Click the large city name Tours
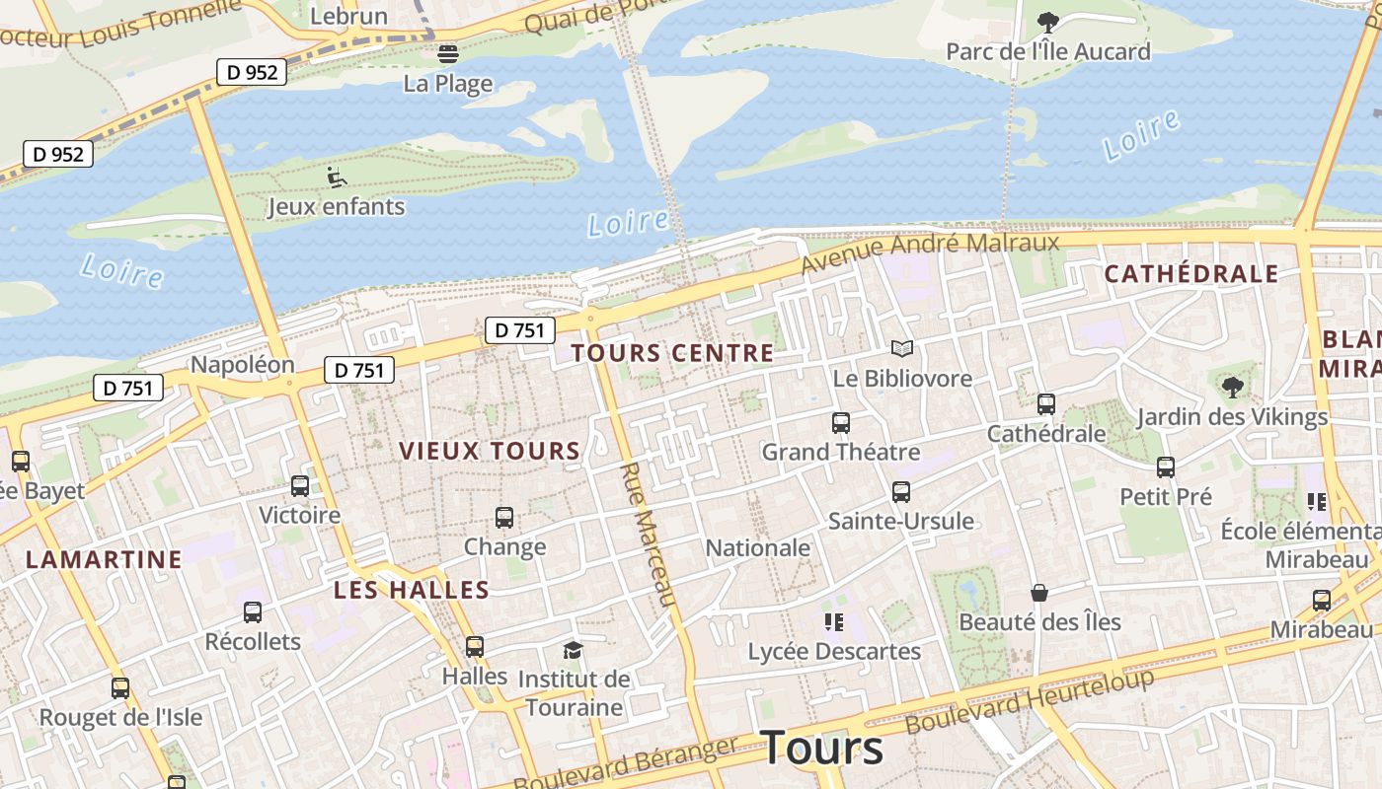click(822, 748)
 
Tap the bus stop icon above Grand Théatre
click(841, 423)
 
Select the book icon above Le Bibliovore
click(902, 348)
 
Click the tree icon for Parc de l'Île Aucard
click(1048, 21)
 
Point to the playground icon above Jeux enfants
click(337, 178)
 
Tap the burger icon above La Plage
click(448, 53)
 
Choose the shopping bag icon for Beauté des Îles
click(1039, 593)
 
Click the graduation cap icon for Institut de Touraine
click(573, 650)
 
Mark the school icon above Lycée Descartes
click(834, 622)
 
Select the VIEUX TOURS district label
click(490, 452)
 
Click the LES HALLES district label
click(412, 590)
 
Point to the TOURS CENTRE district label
click(672, 353)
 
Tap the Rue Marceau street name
click(648, 534)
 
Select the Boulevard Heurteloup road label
click(1030, 701)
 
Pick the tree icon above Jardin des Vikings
click(1232, 387)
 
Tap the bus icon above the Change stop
click(504, 518)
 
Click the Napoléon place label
click(243, 365)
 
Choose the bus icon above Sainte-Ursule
click(901, 492)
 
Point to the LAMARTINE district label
click(105, 560)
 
